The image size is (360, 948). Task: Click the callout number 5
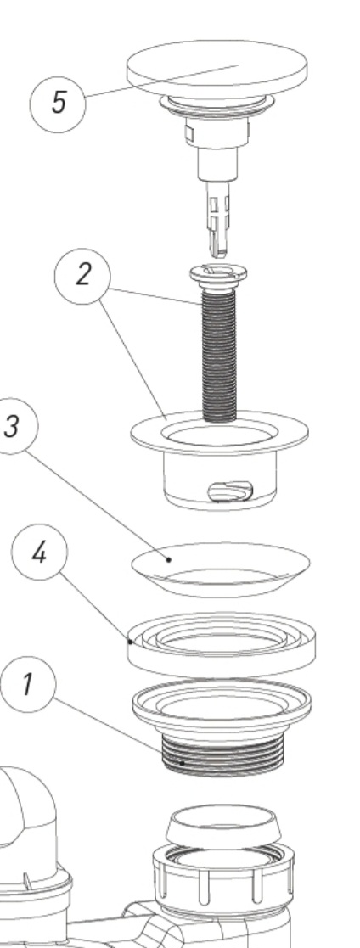click(59, 103)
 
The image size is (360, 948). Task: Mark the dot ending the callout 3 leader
click(169, 559)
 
